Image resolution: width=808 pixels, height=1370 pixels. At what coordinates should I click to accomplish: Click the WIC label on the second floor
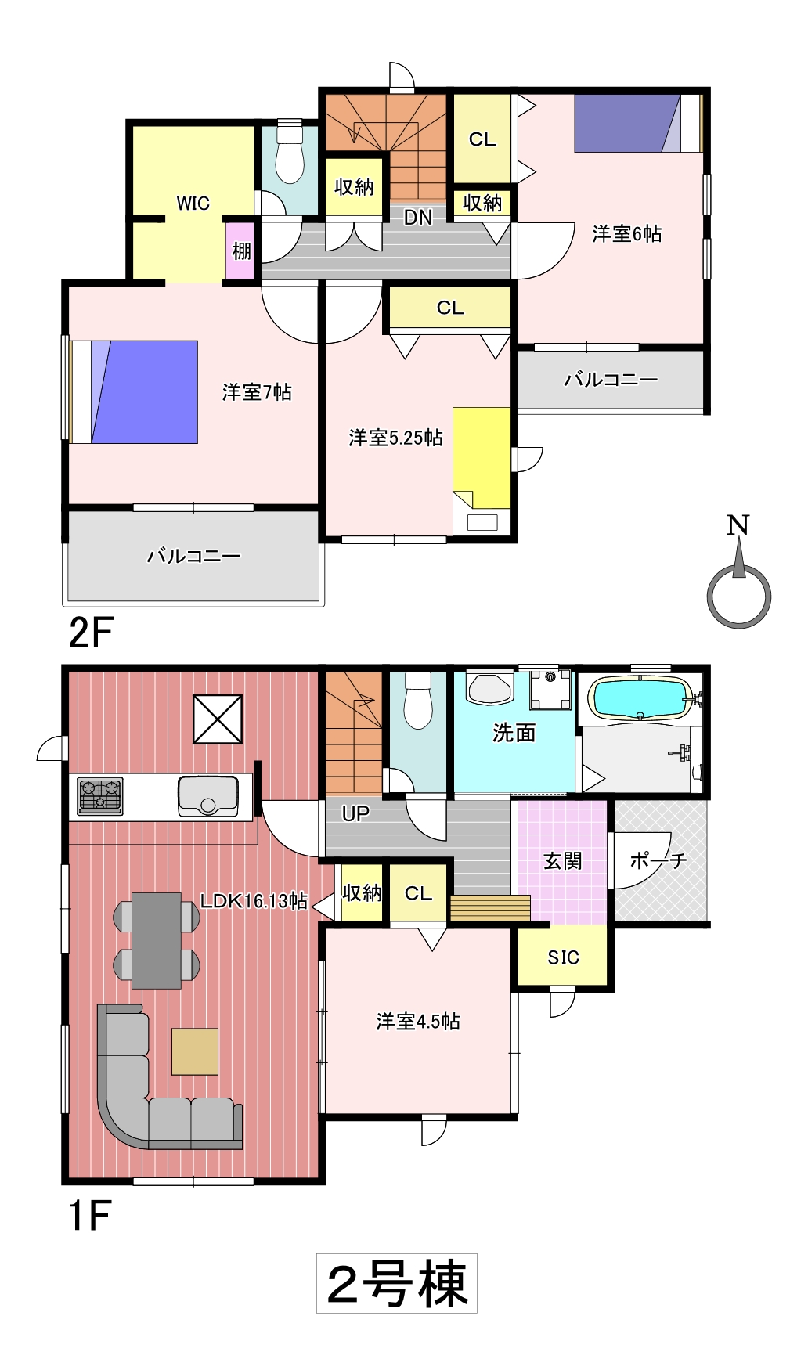(193, 204)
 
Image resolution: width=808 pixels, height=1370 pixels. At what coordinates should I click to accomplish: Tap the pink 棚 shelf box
(241, 251)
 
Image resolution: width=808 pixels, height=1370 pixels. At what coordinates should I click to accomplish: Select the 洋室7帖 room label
(257, 391)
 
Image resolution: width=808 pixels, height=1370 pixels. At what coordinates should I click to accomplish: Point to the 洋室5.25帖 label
(395, 437)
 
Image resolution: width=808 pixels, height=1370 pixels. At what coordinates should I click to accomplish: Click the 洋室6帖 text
(626, 233)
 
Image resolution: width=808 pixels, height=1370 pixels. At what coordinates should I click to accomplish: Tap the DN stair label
(418, 218)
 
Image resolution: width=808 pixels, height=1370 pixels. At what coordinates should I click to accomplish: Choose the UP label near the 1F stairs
(355, 813)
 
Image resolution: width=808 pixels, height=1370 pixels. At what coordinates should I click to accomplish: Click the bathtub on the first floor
(641, 698)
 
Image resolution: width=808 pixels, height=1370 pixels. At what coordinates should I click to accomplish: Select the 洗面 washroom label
(514, 733)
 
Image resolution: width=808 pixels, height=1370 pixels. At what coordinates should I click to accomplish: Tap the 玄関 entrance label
(563, 861)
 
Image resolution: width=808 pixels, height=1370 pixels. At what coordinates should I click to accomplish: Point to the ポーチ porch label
(658, 861)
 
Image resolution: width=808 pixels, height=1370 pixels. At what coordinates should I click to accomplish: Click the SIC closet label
(563, 957)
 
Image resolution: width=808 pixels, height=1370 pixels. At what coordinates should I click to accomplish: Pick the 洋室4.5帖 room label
(418, 1021)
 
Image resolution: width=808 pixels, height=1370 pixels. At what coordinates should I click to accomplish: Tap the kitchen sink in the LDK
(207, 795)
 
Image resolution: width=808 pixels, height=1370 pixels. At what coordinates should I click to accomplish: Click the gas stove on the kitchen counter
(100, 795)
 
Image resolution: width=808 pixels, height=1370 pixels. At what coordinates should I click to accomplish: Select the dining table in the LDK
(157, 941)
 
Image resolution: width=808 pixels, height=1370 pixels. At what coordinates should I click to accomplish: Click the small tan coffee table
(195, 1051)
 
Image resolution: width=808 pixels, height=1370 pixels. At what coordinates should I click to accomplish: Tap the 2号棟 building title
(397, 1285)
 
